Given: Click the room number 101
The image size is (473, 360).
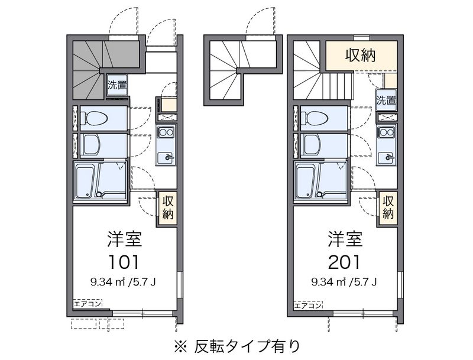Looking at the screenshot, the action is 124,262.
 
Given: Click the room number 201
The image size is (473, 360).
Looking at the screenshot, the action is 344,262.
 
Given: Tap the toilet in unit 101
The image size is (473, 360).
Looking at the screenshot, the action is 94,118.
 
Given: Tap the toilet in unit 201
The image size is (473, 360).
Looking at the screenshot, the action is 315,118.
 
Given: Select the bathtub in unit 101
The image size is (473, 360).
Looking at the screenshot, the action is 87,181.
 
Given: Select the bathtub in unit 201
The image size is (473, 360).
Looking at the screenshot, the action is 307,181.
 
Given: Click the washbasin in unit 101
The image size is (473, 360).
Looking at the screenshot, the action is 92,145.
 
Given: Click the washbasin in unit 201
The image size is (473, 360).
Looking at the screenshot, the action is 312,145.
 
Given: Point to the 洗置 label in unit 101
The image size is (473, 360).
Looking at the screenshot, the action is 117,85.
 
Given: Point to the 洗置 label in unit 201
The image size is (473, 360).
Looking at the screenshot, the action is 386,100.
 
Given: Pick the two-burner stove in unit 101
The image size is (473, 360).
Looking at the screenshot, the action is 166,132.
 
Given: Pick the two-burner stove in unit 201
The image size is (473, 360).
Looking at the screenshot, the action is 386,132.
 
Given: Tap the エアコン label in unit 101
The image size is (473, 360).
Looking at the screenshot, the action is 88,304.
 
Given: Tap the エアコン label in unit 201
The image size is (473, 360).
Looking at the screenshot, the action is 308,306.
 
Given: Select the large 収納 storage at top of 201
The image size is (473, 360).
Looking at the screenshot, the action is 361,56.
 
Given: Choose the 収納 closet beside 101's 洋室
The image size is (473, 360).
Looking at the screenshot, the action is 167,208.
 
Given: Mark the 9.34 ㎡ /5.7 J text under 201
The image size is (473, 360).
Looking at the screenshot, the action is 344,282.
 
